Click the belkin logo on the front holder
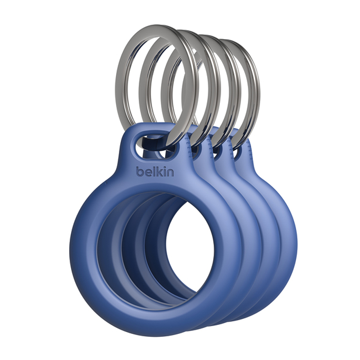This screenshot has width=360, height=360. click(x=155, y=171)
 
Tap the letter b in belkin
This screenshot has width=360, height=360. click(x=140, y=171)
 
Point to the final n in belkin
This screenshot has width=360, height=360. click(x=170, y=172)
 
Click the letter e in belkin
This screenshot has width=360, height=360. click(x=148, y=172)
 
